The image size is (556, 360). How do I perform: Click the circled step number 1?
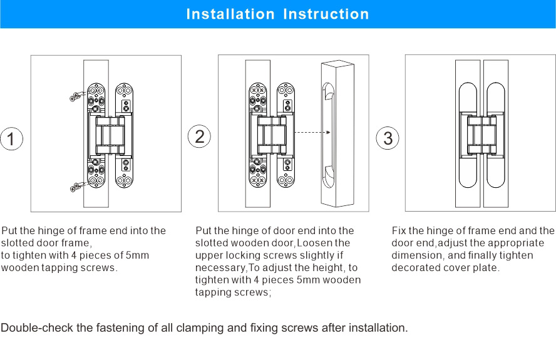(x=11, y=139)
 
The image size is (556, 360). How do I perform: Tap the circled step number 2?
(x=199, y=137)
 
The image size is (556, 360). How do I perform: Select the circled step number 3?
(x=388, y=138)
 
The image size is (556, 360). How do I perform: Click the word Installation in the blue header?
(x=230, y=14)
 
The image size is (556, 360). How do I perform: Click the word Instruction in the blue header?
(x=326, y=14)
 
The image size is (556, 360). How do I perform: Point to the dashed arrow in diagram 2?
(x=311, y=133)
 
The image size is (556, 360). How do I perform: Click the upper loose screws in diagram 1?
(x=77, y=96)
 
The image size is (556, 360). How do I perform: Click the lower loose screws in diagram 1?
(x=77, y=186)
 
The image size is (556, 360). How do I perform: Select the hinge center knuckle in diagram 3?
(x=480, y=133)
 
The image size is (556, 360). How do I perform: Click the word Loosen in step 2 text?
(x=318, y=243)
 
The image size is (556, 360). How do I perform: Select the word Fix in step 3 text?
(x=399, y=230)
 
